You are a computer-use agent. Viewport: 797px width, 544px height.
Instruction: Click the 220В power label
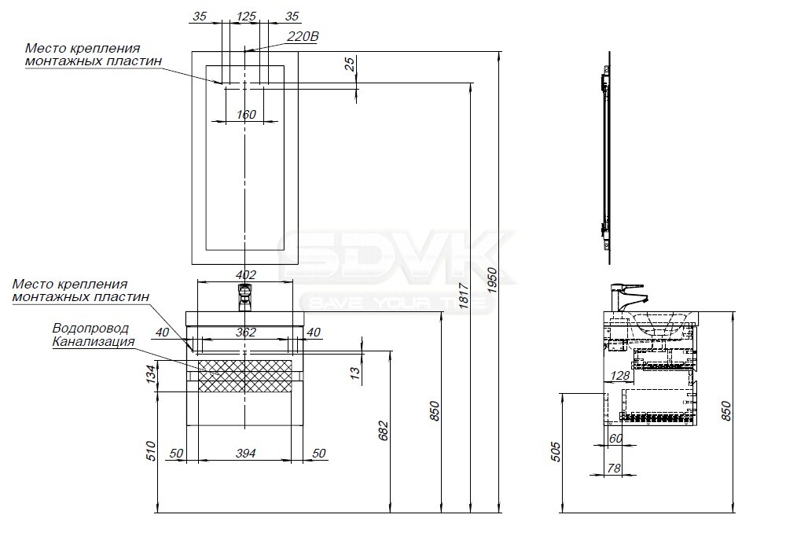pos(303,37)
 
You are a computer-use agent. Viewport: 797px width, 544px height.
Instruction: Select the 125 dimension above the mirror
pos(246,17)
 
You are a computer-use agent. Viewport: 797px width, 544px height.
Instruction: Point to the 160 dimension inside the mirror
pos(246,115)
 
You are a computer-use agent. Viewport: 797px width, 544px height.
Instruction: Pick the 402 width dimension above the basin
pos(246,274)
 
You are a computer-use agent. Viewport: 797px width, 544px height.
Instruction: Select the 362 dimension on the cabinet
pos(246,333)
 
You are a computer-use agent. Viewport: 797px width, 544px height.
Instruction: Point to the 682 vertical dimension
pos(384,430)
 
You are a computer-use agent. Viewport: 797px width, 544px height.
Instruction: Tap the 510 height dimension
pos(151,451)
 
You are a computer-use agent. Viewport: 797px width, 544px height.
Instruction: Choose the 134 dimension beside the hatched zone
pos(151,375)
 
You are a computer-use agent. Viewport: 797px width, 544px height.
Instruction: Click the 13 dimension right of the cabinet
pos(355,372)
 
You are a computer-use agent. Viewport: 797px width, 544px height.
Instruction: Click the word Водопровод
pos(90,329)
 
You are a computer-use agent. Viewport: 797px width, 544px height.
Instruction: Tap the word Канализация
pos(94,341)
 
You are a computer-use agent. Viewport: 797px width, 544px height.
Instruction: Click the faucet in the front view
pos(245,297)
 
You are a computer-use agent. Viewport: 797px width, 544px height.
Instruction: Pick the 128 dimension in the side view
pos(620,375)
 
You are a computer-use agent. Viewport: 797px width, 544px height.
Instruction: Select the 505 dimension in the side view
pos(555,451)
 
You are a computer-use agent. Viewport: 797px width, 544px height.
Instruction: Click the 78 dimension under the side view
pos(614,468)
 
